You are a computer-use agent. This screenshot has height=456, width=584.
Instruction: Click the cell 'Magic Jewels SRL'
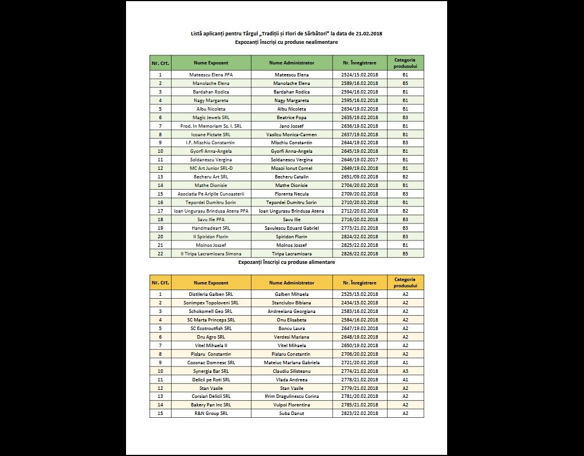pyautogui.click(x=211, y=117)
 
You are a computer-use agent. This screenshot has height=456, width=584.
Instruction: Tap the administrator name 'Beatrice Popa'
pyautogui.click(x=291, y=117)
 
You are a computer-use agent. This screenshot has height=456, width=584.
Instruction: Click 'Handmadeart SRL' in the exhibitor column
pyautogui.click(x=211, y=228)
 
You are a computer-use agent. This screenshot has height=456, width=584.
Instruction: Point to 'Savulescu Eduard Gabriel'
pyautogui.click(x=291, y=228)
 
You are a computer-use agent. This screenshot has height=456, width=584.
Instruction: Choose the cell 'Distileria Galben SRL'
pyautogui.click(x=211, y=294)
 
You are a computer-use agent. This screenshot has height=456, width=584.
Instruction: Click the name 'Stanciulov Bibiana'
pyautogui.click(x=291, y=303)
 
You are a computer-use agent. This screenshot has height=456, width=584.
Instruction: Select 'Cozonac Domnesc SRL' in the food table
pyautogui.click(x=211, y=362)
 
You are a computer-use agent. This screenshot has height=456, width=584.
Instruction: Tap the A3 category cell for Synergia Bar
pyautogui.click(x=405, y=370)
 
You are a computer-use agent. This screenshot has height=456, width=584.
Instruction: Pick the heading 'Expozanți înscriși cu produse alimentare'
pyautogui.click(x=286, y=262)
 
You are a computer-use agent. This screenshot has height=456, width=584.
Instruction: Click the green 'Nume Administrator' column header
pyautogui.click(x=291, y=63)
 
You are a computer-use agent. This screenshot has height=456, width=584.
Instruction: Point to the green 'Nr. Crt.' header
pyautogui.click(x=160, y=63)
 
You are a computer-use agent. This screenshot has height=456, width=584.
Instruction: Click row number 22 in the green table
pyautogui.click(x=160, y=254)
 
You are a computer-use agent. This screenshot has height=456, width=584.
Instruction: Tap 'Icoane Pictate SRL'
pyautogui.click(x=211, y=135)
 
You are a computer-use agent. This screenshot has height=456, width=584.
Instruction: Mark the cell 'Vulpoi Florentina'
pyautogui.click(x=291, y=405)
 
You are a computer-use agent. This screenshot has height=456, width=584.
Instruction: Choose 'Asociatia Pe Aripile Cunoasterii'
pyautogui.click(x=211, y=194)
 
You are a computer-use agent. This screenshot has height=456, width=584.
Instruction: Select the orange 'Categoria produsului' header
pyautogui.click(x=405, y=283)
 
